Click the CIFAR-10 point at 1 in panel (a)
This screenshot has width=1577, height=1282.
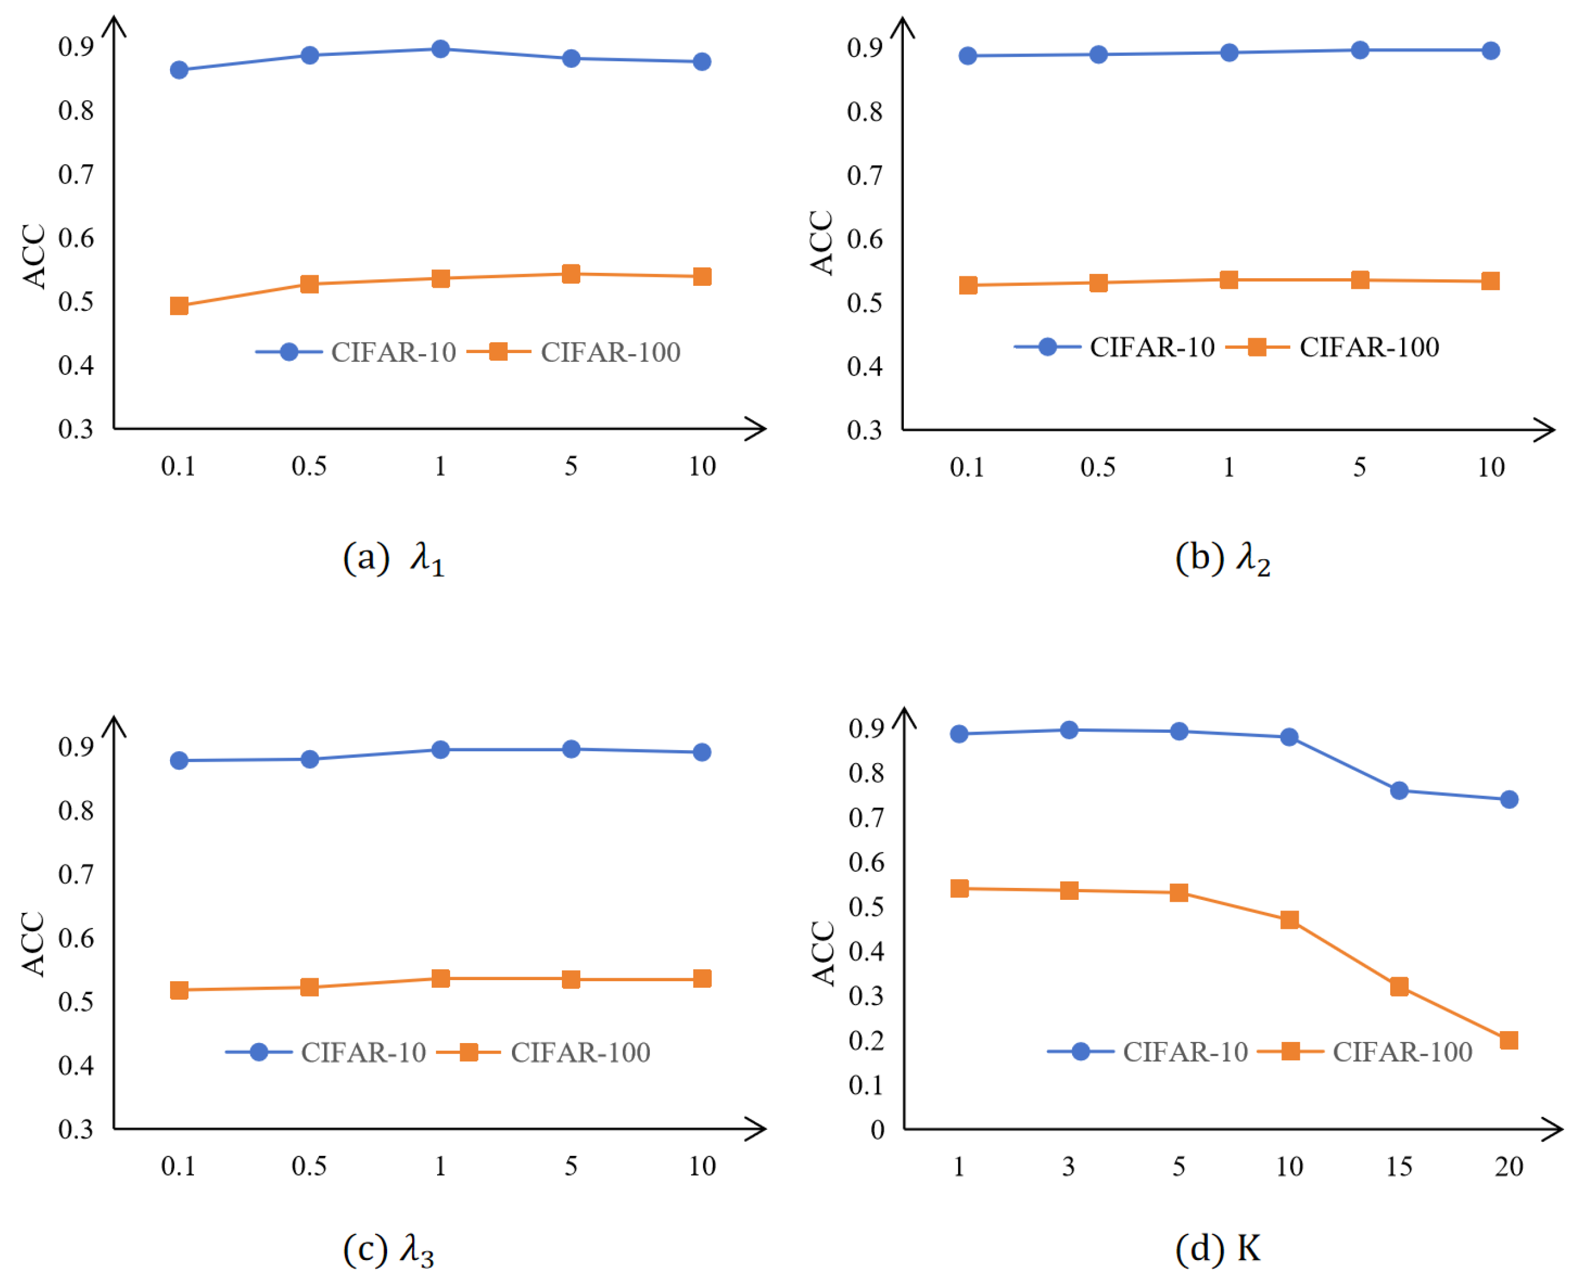coord(440,49)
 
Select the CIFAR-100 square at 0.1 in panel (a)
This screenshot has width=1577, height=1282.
coord(179,305)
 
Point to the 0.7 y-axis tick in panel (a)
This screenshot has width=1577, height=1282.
coord(76,174)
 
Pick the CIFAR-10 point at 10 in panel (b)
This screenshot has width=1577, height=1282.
coord(1491,51)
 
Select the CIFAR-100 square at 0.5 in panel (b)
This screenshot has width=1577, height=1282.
coord(1098,283)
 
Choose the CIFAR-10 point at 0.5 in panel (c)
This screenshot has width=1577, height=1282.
coord(309,759)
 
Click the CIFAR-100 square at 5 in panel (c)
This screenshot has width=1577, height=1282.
coord(571,979)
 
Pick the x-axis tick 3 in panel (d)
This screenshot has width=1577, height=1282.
coord(1069,1167)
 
